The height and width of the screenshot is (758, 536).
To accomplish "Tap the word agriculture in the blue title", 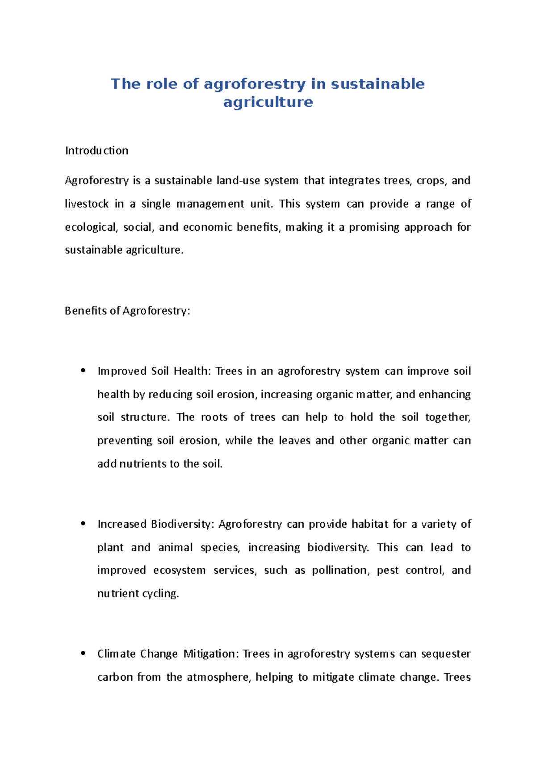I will (268, 102).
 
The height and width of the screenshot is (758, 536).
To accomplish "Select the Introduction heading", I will (96, 150).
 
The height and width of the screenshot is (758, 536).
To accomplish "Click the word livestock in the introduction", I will (87, 204).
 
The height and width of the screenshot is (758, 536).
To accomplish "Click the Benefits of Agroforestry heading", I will (127, 311).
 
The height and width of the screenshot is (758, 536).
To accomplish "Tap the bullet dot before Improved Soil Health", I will (83, 371).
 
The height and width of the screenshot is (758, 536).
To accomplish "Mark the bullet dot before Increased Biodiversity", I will (83, 524).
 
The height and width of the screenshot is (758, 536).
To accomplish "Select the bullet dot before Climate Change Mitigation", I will (83, 653).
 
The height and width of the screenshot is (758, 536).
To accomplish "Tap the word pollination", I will (340, 571).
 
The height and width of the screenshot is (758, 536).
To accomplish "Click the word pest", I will (387, 571).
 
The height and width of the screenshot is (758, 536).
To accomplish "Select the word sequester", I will (446, 654).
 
